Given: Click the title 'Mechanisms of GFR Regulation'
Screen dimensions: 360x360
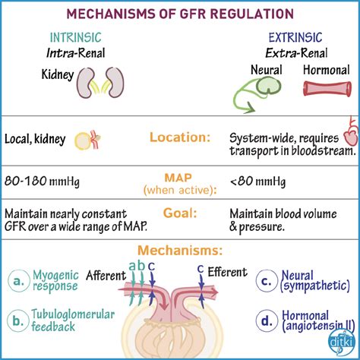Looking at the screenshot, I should [179, 14].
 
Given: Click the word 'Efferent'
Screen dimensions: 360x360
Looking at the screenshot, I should [227, 272].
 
